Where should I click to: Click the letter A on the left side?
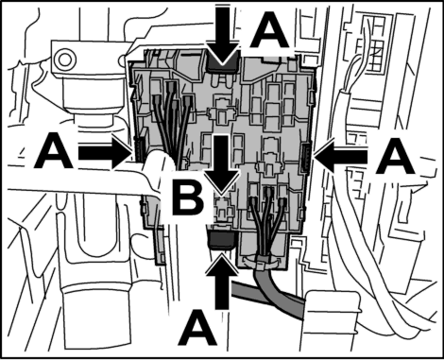tap(55, 150)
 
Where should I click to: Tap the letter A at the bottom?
tap(197, 328)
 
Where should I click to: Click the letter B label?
tap(188, 199)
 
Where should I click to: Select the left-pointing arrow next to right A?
tap(341, 157)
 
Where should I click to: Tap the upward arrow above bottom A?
tap(222, 282)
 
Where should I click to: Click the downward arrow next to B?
tap(222, 163)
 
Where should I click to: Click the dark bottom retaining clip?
tap(221, 238)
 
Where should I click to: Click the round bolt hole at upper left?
tap(64, 59)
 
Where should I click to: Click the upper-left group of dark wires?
tap(173, 120)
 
